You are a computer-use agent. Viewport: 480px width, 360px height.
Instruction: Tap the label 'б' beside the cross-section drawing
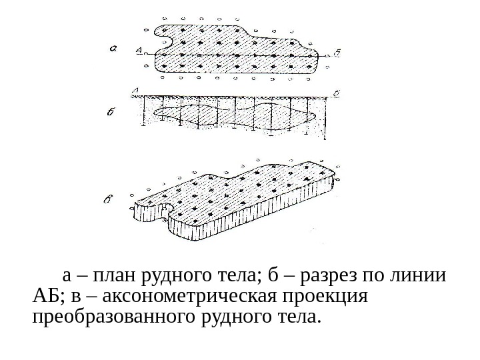point(111,113)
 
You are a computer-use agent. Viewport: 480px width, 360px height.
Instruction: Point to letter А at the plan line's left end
point(138,50)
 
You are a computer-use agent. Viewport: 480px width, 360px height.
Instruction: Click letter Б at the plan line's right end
point(337,53)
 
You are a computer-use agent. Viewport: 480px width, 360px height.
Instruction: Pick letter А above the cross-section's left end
point(135,91)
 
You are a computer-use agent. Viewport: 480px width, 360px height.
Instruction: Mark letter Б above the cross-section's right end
point(335,91)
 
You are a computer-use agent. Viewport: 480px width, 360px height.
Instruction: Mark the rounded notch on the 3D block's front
point(164,212)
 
